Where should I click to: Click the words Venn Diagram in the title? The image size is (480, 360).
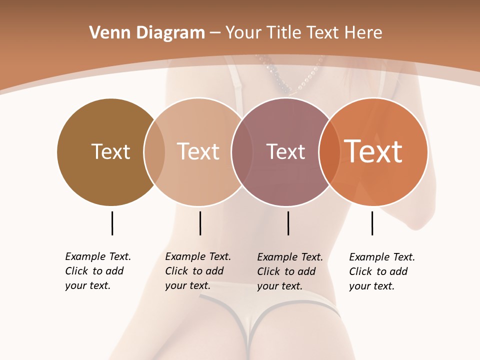tap(147, 33)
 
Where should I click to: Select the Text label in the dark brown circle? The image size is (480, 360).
tap(110, 151)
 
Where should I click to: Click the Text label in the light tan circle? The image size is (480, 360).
tap(198, 151)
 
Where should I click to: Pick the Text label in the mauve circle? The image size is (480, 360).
tap(285, 151)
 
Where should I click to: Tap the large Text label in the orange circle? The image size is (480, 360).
tap(373, 151)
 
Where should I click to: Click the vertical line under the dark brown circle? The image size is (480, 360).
tap(112, 223)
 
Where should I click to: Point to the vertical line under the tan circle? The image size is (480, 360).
tap(200, 223)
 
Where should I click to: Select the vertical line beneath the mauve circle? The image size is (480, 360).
tap(288, 223)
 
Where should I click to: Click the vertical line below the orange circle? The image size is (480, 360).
tap(372, 223)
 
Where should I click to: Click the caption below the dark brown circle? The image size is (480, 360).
tap(98, 271)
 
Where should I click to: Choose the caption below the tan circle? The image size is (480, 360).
tap(198, 271)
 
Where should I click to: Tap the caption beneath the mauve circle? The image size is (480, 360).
tap(290, 271)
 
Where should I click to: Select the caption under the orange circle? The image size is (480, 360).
tap(382, 271)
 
